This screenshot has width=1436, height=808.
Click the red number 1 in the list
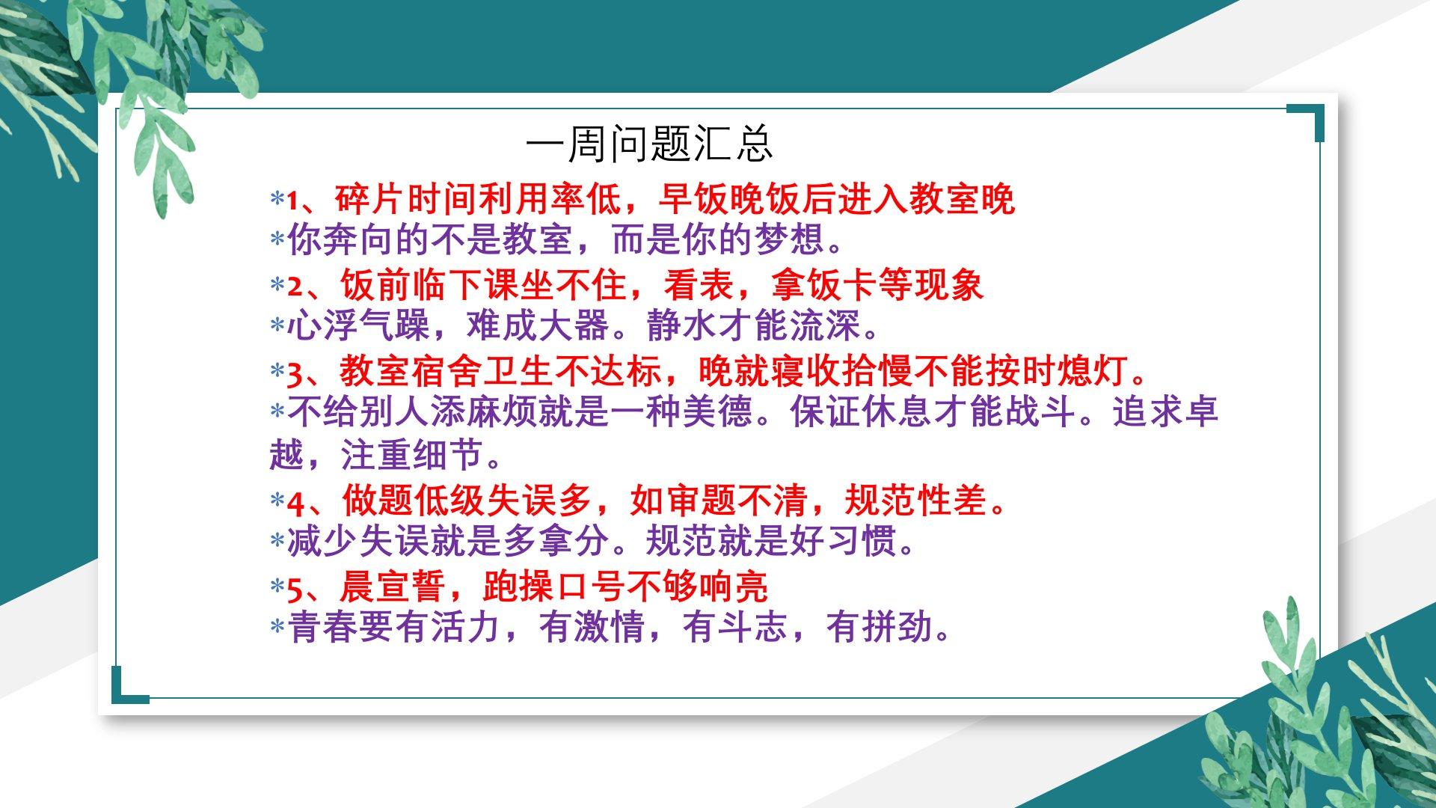[x=293, y=201]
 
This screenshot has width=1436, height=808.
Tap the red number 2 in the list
[x=294, y=287]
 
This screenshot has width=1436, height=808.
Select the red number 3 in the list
[x=294, y=373]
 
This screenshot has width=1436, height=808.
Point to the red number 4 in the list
[x=295, y=502]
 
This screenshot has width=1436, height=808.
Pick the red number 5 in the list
[x=294, y=588]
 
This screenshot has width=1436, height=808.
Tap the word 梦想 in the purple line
[x=790, y=239]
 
